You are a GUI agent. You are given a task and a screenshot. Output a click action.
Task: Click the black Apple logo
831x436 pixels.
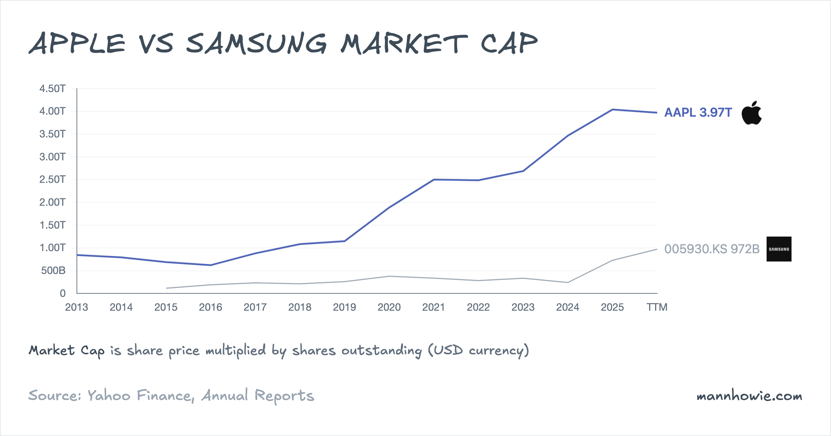(x=751, y=113)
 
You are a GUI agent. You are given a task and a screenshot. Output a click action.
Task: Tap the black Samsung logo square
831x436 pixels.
(x=779, y=249)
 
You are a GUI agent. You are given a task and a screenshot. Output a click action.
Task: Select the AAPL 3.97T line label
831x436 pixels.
(x=698, y=112)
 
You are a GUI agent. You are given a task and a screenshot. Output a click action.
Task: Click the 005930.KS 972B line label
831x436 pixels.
(x=712, y=249)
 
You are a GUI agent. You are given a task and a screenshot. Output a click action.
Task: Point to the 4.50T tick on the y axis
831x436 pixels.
(x=52, y=89)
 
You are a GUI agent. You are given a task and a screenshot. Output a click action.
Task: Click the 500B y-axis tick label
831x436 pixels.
(x=53, y=271)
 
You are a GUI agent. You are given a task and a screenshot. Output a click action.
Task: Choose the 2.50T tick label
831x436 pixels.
(x=52, y=180)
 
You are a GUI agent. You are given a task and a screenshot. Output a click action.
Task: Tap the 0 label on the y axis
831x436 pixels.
(x=63, y=293)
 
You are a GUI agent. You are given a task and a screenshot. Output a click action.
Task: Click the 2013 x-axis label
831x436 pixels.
(x=77, y=307)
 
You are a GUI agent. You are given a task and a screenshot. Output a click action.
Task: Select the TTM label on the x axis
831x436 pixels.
(x=657, y=307)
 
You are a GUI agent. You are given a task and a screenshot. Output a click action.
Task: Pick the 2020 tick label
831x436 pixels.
(x=389, y=307)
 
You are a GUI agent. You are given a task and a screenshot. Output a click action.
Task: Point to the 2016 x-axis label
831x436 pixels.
(x=211, y=307)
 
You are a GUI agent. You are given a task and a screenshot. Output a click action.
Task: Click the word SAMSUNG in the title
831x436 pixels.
(x=256, y=44)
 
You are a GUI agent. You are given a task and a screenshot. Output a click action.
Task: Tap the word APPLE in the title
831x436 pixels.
(x=77, y=44)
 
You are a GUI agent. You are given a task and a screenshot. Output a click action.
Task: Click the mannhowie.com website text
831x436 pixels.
(x=749, y=396)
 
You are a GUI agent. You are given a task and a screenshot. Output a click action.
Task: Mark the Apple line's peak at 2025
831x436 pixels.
(x=613, y=110)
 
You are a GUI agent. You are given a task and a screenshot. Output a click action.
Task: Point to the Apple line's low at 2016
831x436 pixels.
(x=211, y=265)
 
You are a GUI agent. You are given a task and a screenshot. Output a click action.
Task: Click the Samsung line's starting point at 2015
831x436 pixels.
(x=166, y=288)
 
